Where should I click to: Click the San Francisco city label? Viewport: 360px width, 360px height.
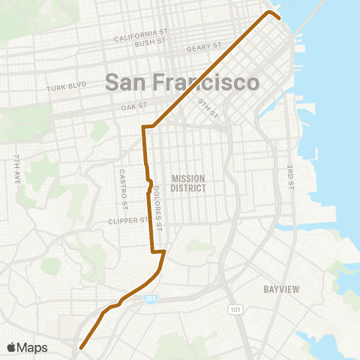(182, 82)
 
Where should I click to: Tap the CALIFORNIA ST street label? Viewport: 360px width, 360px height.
(140, 34)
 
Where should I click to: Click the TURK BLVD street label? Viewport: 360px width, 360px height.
(62, 88)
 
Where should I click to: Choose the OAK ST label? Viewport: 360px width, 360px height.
(132, 107)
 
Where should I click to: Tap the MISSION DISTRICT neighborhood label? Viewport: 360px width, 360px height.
(187, 183)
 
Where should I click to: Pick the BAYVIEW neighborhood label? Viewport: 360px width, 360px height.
(282, 289)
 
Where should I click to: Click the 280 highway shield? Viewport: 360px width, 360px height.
(151, 299)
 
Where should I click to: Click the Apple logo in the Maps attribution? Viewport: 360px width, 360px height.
(12, 347)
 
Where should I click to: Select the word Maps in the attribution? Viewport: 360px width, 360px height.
(33, 347)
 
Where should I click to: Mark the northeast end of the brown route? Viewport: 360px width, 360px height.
(279, 18)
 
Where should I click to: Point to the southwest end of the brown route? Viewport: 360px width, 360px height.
(80, 347)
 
